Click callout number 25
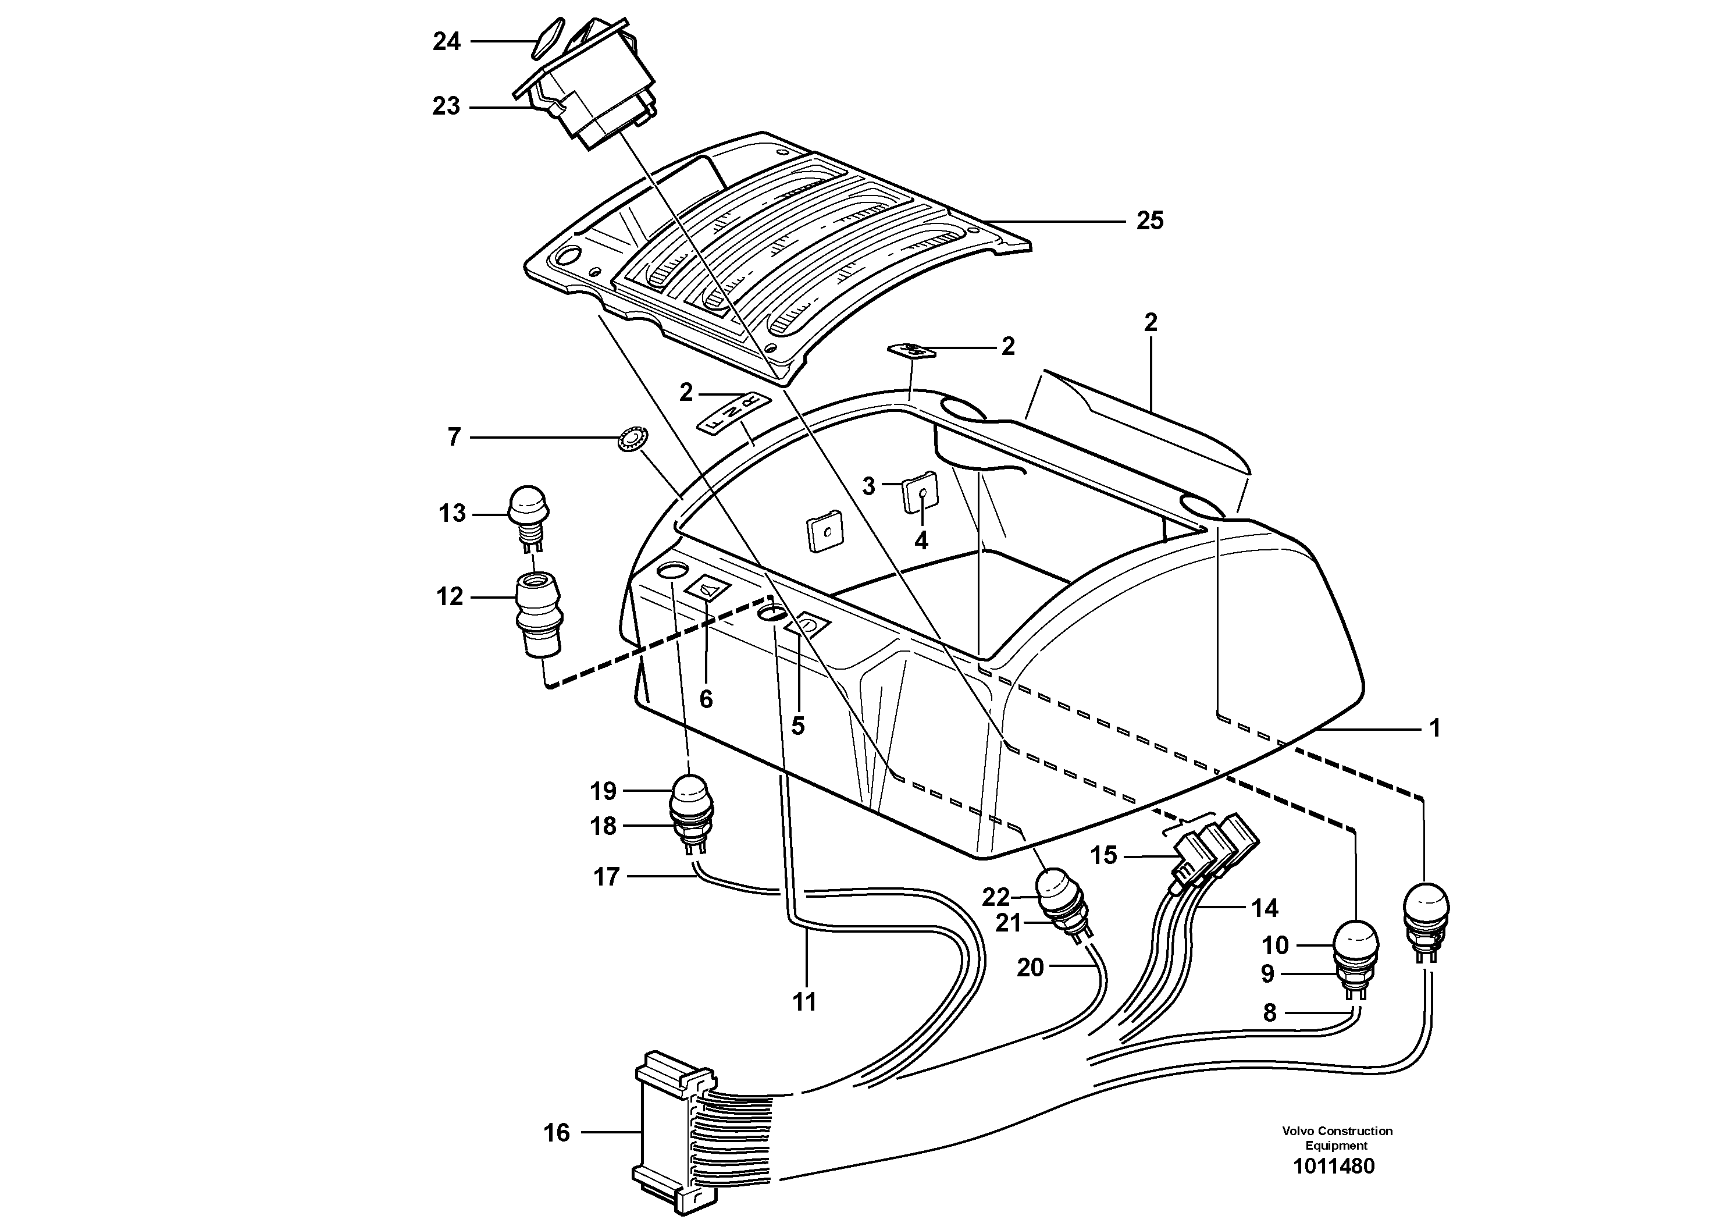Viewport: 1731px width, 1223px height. (1150, 221)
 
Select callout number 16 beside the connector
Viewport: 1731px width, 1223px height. (557, 1132)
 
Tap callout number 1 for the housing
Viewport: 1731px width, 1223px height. (1435, 728)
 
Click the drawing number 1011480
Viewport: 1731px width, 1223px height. (1334, 1167)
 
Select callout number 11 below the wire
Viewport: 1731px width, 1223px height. (804, 1002)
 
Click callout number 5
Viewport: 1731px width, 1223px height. (797, 726)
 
